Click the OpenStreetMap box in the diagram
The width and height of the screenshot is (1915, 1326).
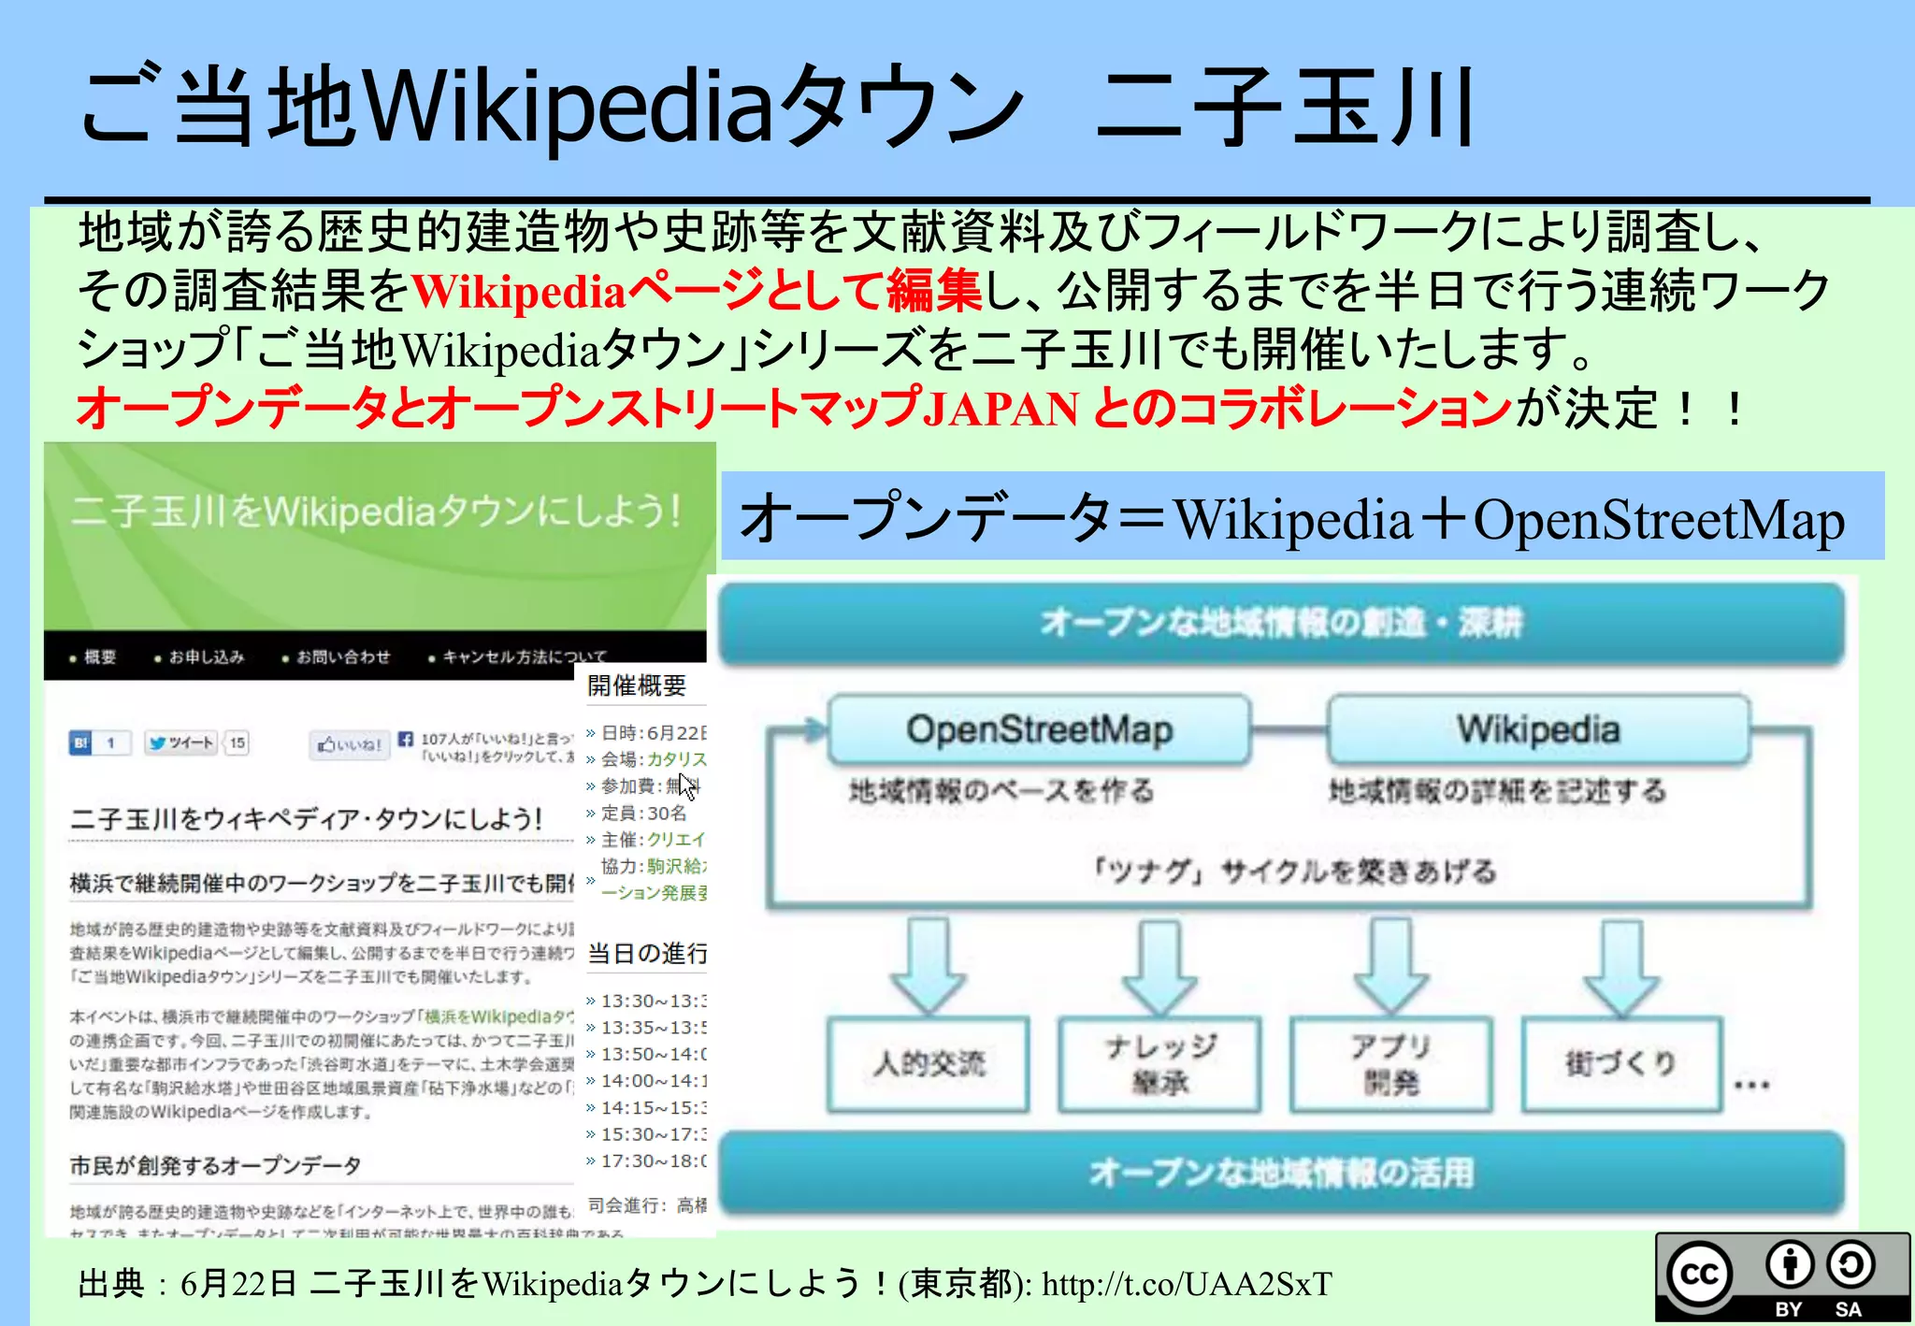(1039, 729)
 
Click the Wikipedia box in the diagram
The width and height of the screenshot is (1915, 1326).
(1538, 729)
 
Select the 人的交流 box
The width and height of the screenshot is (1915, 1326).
(929, 1064)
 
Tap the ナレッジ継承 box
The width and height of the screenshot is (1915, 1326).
(1159, 1064)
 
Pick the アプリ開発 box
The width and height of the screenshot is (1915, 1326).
(1390, 1064)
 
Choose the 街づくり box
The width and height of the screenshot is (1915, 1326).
(1620, 1064)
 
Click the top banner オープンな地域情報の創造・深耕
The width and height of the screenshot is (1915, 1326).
(1281, 622)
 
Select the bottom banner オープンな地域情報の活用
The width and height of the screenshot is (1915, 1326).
(1281, 1173)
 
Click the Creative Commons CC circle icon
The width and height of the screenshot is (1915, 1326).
(1699, 1274)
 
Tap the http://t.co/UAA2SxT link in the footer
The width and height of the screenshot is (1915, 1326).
(1187, 1285)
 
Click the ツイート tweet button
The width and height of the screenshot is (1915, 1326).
(182, 743)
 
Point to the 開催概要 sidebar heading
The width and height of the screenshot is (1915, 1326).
(637, 686)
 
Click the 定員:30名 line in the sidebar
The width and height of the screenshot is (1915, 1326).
(643, 813)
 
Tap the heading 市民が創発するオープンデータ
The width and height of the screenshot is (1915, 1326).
(215, 1165)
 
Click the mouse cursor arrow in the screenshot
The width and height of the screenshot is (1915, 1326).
(687, 786)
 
